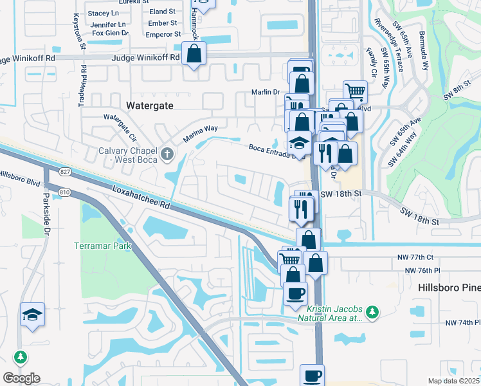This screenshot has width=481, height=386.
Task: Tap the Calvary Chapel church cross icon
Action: pyautogui.click(x=168, y=153)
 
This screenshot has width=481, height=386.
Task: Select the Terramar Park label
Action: pyautogui.click(x=102, y=246)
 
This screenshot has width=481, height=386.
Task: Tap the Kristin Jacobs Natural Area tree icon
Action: pyautogui.click(x=372, y=312)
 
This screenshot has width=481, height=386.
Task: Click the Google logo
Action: pyautogui.click(x=21, y=378)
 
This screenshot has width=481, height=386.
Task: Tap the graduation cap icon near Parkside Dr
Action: pyautogui.click(x=32, y=315)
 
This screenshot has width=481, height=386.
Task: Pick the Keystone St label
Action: pyautogui.click(x=80, y=31)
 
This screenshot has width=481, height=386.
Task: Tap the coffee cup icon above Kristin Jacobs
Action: pyautogui.click(x=296, y=294)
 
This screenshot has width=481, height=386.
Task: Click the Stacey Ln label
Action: pyautogui.click(x=103, y=13)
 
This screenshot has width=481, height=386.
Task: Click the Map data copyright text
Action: pyautogui.click(x=454, y=381)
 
